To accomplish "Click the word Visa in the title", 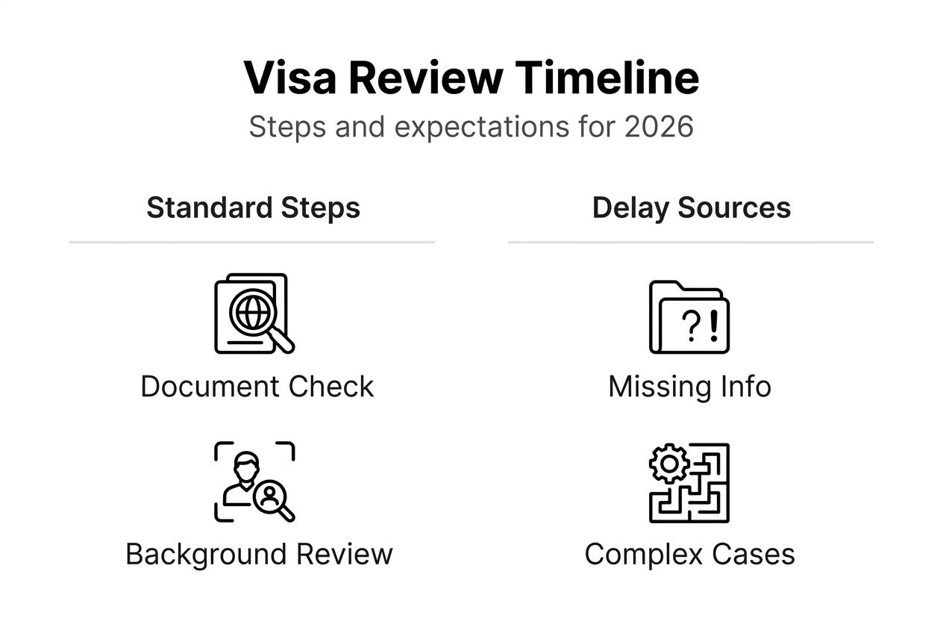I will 289,78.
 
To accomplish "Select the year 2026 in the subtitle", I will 659,127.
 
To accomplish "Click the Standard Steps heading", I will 253,208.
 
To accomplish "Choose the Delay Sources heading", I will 691,208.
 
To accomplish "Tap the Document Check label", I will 257,387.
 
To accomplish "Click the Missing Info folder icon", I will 689,316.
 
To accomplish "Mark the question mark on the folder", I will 694,327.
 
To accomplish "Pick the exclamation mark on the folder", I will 713,326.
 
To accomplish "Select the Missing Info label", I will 689,387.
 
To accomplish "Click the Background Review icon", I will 254,482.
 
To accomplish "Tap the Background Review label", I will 259,554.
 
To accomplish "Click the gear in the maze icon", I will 669,464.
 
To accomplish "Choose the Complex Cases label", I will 689,554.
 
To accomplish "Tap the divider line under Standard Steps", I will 252,242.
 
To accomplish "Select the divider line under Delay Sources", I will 691,242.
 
